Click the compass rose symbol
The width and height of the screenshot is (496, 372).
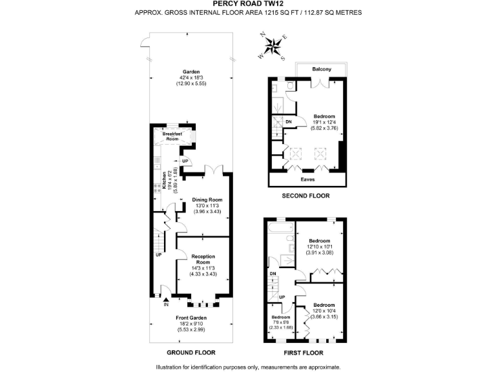pos(273,46)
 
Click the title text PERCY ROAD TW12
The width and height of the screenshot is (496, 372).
pos(248,4)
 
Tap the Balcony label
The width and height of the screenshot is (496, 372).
pos(322,69)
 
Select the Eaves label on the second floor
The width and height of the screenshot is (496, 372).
pos(308,179)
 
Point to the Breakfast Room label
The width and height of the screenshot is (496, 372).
pos(172,136)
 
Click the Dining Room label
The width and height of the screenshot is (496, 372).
pos(207,200)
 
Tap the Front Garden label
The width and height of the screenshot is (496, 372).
pos(191,318)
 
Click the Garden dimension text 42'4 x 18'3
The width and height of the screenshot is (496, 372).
pos(191,78)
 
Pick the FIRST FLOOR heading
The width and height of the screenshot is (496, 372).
pos(304,353)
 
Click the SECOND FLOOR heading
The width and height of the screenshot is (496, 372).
pos(306,196)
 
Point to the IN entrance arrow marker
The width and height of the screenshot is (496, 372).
pos(167,301)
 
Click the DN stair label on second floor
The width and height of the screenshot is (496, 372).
pos(289,121)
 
